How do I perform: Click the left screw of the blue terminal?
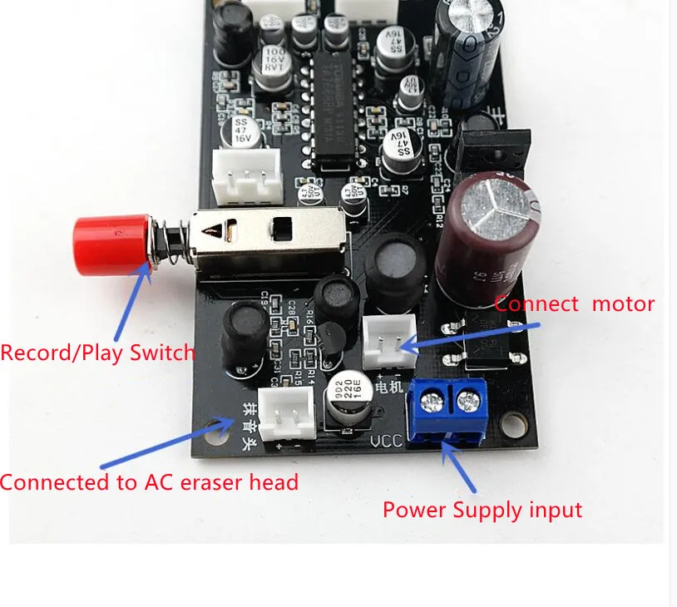(432, 402)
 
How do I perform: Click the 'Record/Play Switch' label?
(97, 353)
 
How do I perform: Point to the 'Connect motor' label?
(575, 303)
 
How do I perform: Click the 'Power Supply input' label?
(482, 510)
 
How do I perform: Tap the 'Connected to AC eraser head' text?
(150, 481)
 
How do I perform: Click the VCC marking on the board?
(386, 442)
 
